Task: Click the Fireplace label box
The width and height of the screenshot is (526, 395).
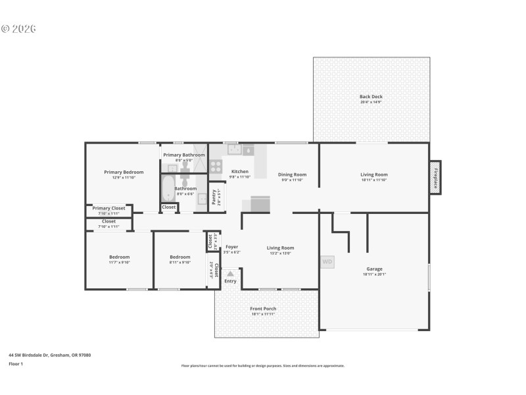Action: pos(435,177)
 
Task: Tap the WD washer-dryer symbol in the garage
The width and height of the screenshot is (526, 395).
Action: pos(327,262)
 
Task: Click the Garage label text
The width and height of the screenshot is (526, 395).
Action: pos(374,269)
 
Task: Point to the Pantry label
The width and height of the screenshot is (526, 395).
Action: pos(214,197)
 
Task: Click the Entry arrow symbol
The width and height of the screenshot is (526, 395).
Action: pos(230,273)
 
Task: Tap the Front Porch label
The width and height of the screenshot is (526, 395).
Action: pos(263,309)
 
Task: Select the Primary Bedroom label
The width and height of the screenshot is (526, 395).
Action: pos(124,172)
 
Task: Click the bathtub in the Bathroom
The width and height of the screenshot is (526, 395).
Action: pos(168,188)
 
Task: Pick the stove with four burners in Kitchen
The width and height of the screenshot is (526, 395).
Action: pos(216,166)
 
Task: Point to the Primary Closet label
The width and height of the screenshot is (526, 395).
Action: pos(108,208)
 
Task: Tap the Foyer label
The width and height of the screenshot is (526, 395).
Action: pos(231,247)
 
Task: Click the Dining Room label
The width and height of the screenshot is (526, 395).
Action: pos(292,174)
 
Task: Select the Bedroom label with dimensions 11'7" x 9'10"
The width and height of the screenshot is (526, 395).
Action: pos(119,257)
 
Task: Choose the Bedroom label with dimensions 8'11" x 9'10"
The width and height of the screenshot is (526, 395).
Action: pos(179,257)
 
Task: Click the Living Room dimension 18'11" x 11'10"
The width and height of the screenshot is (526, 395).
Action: pos(374,180)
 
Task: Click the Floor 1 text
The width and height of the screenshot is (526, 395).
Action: pos(15,363)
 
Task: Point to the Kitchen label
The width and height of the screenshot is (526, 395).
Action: pos(239,171)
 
